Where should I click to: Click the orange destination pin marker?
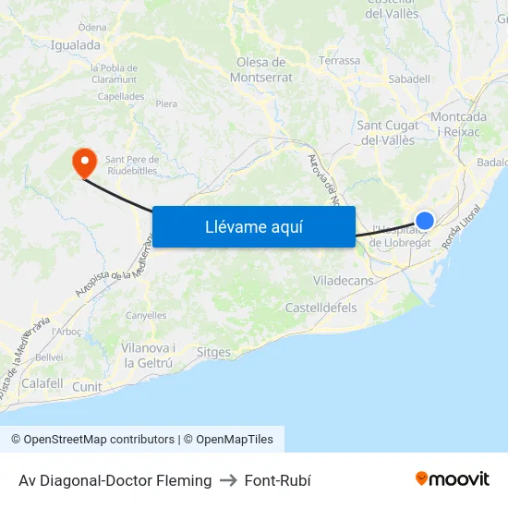[84, 163]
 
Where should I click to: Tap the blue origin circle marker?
[425, 220]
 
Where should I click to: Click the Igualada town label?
[76, 44]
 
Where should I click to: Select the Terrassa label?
[339, 61]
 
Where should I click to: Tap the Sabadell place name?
[409, 79]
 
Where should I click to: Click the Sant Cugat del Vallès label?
[387, 133]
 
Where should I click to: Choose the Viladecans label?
[343, 280]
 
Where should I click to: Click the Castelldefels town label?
[321, 308]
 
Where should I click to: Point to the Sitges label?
[213, 353]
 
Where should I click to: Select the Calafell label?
[42, 383]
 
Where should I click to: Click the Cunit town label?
[87, 387]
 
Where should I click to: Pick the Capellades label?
[121, 96]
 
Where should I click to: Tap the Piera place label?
[166, 104]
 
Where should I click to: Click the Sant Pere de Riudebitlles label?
[132, 163]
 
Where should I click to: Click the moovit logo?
[453, 479]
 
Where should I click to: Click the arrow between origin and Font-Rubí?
[228, 480]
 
